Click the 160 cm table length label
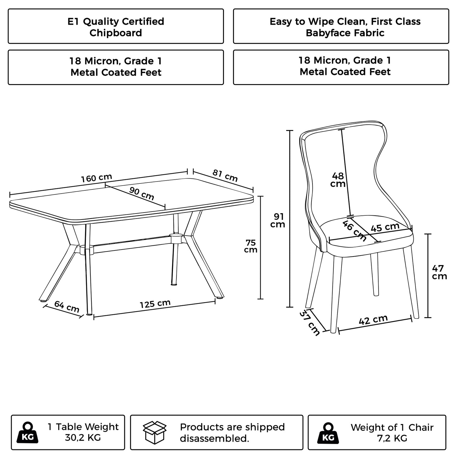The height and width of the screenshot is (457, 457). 96,178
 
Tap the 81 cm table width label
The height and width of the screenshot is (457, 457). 225,176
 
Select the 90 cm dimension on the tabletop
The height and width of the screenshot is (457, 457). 141,193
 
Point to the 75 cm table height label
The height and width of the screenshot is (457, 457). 250,246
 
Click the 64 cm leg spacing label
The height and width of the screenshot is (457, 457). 66,306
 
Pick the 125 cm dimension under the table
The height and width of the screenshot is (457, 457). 155,304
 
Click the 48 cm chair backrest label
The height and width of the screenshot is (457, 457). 338,180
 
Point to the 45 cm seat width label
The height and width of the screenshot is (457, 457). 385,227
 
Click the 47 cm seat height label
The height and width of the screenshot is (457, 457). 439,272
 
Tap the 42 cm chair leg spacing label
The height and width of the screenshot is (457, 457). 373,320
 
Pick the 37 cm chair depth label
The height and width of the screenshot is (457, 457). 310,323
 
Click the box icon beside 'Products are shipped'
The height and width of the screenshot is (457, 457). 155,432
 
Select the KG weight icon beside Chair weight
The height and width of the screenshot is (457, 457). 328,432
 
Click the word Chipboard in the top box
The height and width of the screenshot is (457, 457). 116,33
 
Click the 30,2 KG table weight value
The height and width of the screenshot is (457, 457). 83,438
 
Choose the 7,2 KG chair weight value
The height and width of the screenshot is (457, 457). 392,438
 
